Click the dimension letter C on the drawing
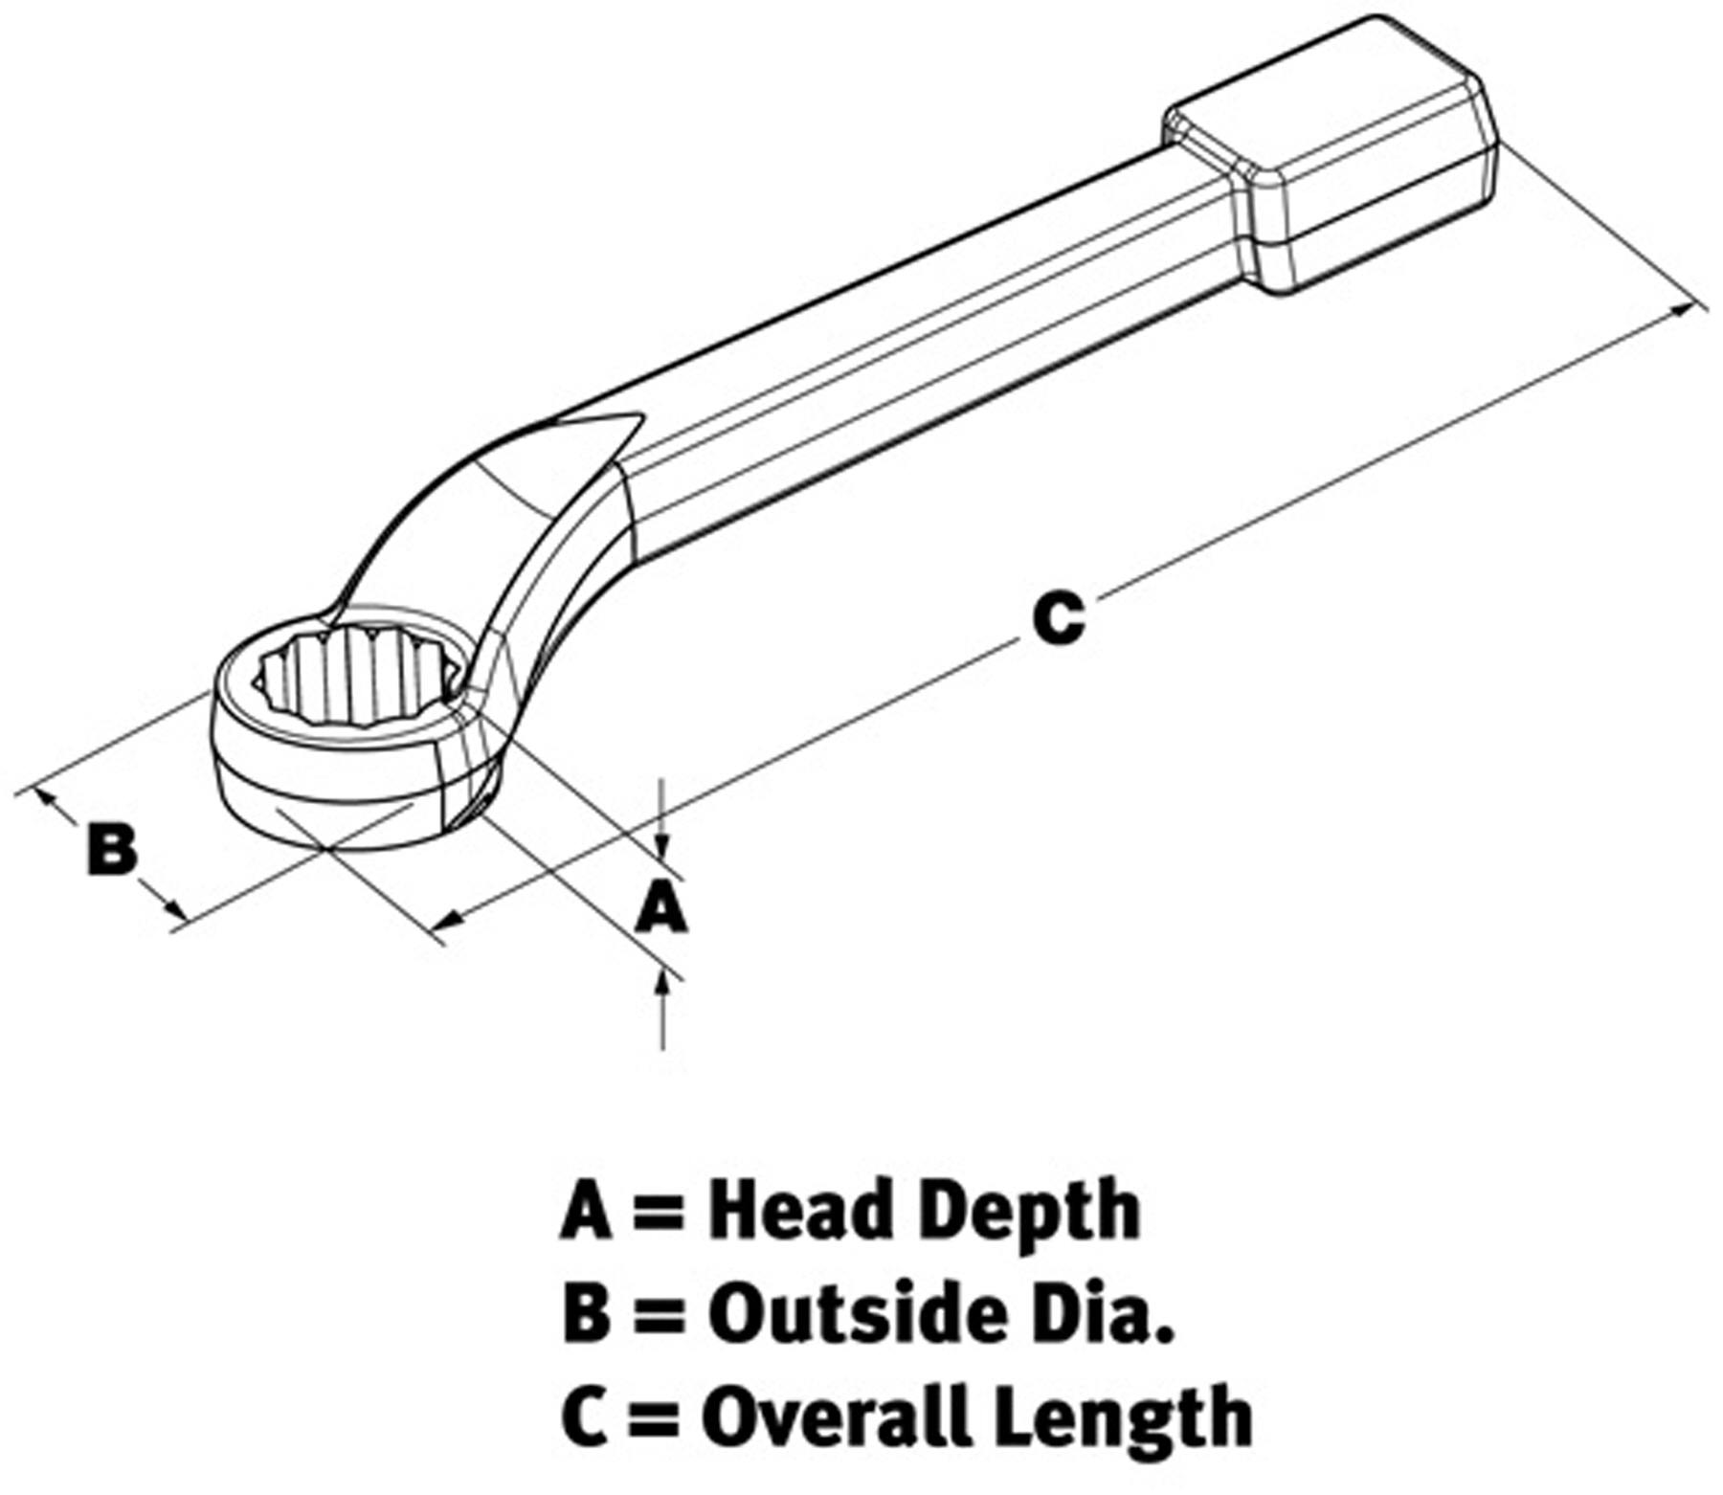click(1059, 618)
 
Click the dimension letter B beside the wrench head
click(113, 848)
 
